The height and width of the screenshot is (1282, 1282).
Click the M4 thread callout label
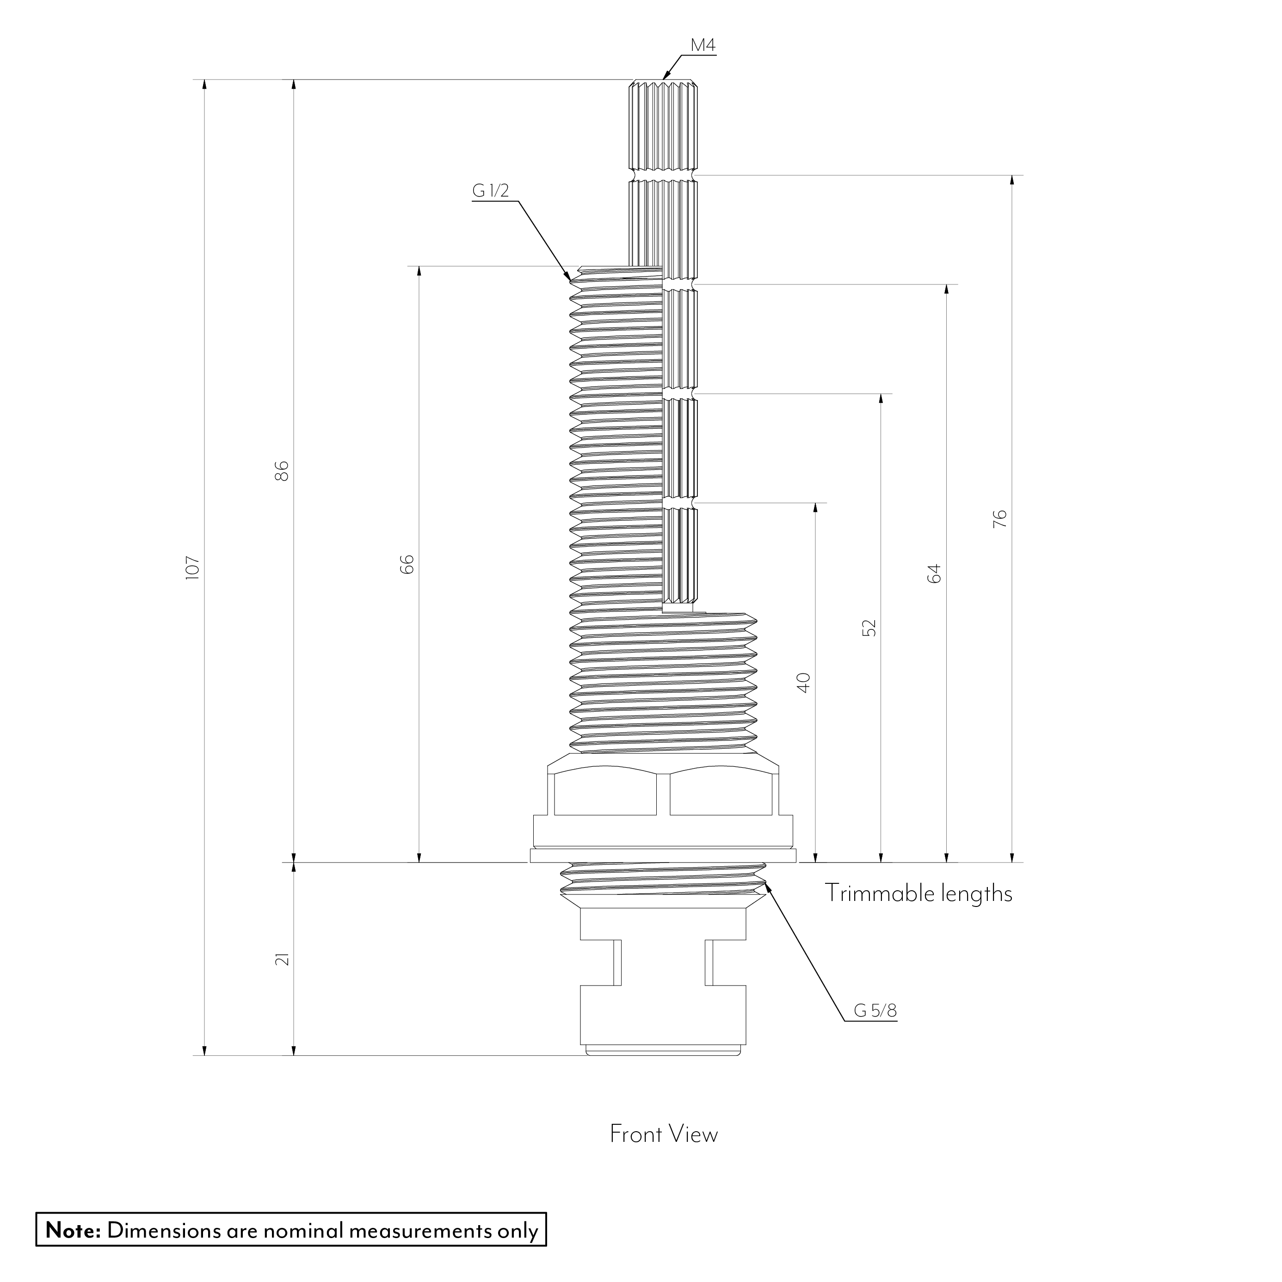[x=703, y=46]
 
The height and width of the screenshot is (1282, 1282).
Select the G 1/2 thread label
[x=490, y=191]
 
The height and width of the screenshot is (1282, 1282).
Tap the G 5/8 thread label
[x=875, y=1011]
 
